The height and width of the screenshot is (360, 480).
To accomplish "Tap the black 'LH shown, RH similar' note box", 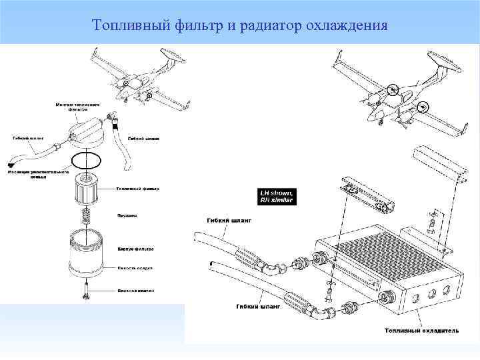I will pos(277,196).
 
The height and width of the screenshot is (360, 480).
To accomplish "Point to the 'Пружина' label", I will pos(127,215).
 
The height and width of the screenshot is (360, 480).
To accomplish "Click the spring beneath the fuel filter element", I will pos(86,215).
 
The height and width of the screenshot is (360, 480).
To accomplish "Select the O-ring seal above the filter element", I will pos(85,160).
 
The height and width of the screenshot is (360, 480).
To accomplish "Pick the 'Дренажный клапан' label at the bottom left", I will pos(136,291).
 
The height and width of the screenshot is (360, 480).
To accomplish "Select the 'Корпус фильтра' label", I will pos(136,249).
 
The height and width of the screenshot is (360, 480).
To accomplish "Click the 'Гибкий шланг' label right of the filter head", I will pos(143,139).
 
